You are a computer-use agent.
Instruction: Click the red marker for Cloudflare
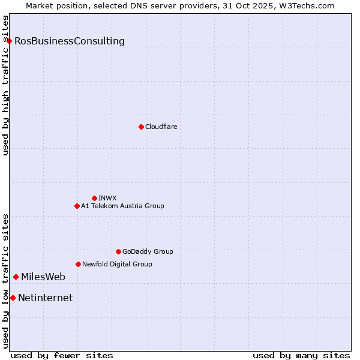point(141,127)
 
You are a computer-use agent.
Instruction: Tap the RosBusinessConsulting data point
point(10,41)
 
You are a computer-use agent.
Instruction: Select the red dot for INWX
point(94,198)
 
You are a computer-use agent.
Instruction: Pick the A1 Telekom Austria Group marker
point(77,206)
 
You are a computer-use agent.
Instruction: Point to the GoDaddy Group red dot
point(118,251)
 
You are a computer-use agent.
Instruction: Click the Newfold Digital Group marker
point(78,264)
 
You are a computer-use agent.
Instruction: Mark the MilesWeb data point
point(16,277)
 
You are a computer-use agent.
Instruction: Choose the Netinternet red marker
point(13,298)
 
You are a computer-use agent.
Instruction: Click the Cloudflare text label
point(161,127)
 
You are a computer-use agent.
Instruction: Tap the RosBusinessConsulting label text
point(70,41)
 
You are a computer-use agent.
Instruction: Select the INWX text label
point(107,198)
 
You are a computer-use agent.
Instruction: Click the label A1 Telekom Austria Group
point(122,206)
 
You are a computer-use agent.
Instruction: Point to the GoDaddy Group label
point(148,251)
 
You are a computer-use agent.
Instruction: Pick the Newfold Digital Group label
point(117,264)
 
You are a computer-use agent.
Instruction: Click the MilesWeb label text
point(43,277)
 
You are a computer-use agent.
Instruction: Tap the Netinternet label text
point(46,298)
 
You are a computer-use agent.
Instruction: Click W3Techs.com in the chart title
point(305,5)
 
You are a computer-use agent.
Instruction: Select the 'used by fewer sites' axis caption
point(62,355)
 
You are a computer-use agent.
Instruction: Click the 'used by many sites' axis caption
point(301,355)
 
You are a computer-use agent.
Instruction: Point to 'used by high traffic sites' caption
point(5,85)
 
